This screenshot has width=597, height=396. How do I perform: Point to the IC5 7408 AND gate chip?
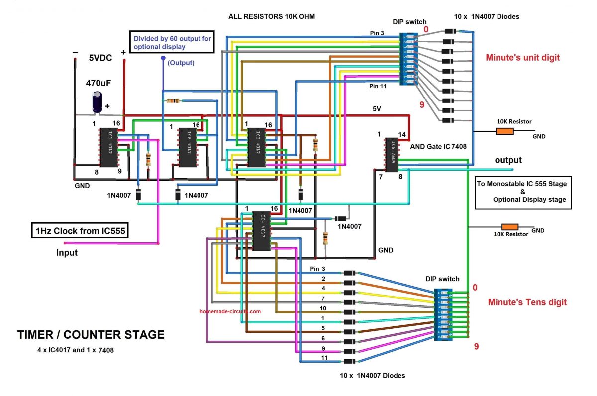392,154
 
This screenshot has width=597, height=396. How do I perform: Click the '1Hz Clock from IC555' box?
80,230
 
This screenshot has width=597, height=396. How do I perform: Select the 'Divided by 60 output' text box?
172,43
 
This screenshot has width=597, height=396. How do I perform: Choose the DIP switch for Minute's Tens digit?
444,314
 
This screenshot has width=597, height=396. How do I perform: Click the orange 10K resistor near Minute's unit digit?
504,131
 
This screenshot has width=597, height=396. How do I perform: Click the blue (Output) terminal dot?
163,58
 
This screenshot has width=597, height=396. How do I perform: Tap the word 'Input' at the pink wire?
67,252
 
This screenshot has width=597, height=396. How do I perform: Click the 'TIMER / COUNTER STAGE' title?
91,335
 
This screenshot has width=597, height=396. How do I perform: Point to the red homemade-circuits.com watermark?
230,311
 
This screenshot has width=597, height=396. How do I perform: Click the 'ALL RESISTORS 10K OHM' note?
272,17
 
